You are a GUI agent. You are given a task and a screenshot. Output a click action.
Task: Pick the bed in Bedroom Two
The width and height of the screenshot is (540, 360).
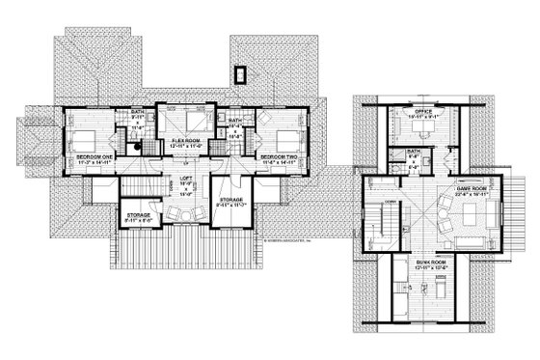click(x=277, y=132)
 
